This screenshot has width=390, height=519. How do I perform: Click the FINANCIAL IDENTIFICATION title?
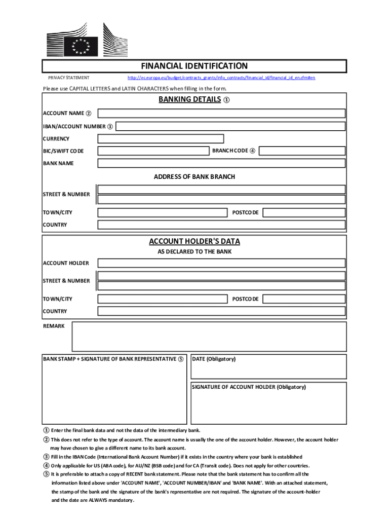194,66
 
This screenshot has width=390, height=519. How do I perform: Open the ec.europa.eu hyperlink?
221,78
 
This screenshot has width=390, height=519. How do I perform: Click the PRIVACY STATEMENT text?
69,78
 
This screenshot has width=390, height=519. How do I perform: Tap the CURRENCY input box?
161,139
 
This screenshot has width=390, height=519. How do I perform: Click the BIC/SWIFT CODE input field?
153,151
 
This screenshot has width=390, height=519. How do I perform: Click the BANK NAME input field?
222,163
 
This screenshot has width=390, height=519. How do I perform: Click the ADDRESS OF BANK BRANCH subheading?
194,177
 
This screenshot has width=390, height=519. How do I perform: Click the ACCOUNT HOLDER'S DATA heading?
194,241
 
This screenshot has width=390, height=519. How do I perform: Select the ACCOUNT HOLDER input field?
222,263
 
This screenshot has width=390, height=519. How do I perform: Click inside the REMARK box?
209,337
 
